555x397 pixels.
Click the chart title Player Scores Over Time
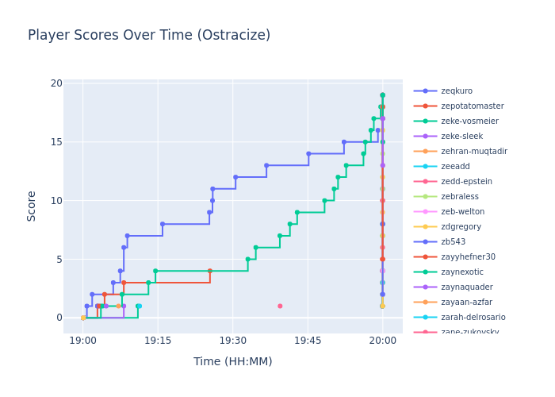149,36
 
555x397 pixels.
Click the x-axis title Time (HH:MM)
232,361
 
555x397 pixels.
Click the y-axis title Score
33,206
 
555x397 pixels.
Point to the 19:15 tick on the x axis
157,340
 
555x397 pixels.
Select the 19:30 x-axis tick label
232,340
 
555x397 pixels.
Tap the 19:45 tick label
308,340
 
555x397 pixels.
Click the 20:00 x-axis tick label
383,340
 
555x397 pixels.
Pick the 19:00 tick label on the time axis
82,340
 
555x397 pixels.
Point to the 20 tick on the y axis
56,83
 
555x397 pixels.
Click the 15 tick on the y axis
56,142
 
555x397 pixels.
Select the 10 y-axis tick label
56,200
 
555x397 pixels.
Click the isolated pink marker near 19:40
280,306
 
